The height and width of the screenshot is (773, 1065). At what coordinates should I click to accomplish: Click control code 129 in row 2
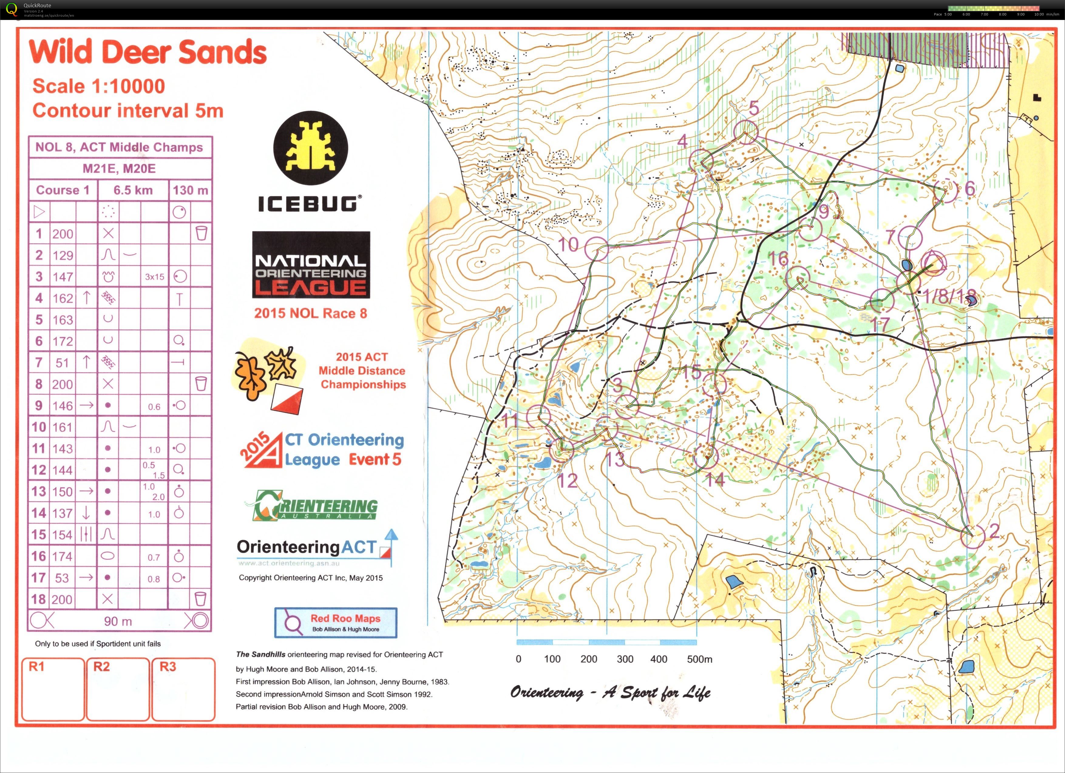(63, 255)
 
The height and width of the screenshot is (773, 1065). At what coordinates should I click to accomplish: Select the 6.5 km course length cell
(133, 190)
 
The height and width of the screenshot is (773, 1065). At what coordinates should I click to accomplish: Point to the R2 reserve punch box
(118, 689)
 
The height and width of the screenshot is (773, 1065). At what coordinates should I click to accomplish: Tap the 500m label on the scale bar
(699, 659)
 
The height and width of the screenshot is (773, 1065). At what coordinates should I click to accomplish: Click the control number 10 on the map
(568, 245)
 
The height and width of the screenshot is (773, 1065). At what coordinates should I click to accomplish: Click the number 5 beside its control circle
(754, 107)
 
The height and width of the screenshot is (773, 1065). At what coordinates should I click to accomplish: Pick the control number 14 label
(715, 479)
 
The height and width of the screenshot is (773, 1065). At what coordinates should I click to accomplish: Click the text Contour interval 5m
(128, 111)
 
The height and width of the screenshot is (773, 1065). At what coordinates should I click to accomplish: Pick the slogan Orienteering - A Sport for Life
(610, 693)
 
